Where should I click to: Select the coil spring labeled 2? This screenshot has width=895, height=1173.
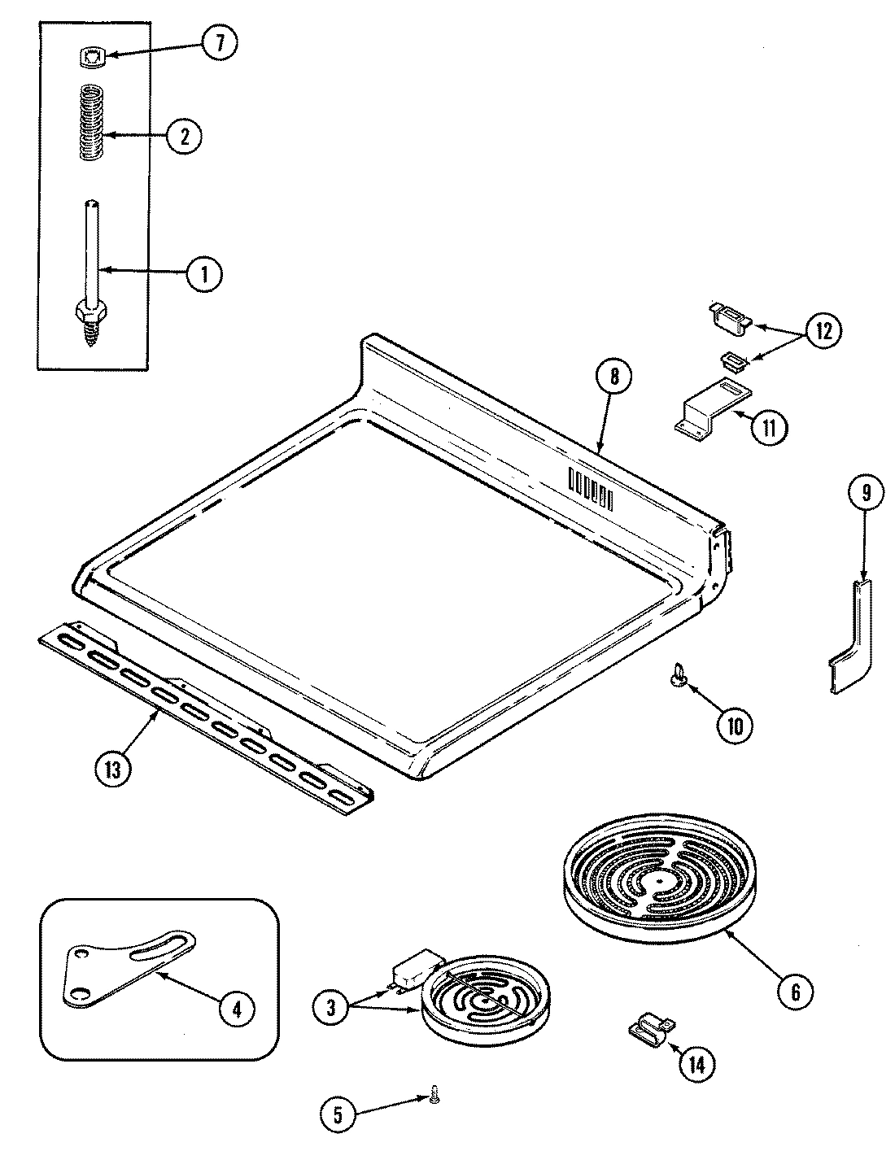pos(94,122)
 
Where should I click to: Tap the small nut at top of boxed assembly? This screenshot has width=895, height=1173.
pos(92,57)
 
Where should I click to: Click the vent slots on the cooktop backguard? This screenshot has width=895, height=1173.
pos(591,489)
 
